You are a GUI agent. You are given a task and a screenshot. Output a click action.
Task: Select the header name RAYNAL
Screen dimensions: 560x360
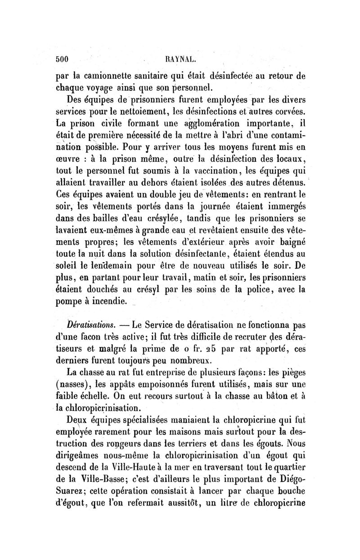pos(178,58)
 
